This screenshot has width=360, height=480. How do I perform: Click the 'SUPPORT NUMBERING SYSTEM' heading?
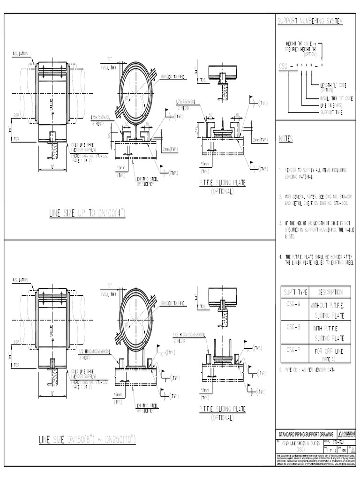pos(310,22)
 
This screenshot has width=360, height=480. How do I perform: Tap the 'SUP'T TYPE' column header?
pos(294,292)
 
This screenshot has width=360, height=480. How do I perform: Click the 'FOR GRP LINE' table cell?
pos(330,350)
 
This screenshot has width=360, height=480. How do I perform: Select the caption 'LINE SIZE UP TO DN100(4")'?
pos(87,214)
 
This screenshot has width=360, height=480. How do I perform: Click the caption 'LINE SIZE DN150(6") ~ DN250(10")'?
pos(87,439)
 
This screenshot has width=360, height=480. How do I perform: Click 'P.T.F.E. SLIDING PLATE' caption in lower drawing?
pos(222,409)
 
